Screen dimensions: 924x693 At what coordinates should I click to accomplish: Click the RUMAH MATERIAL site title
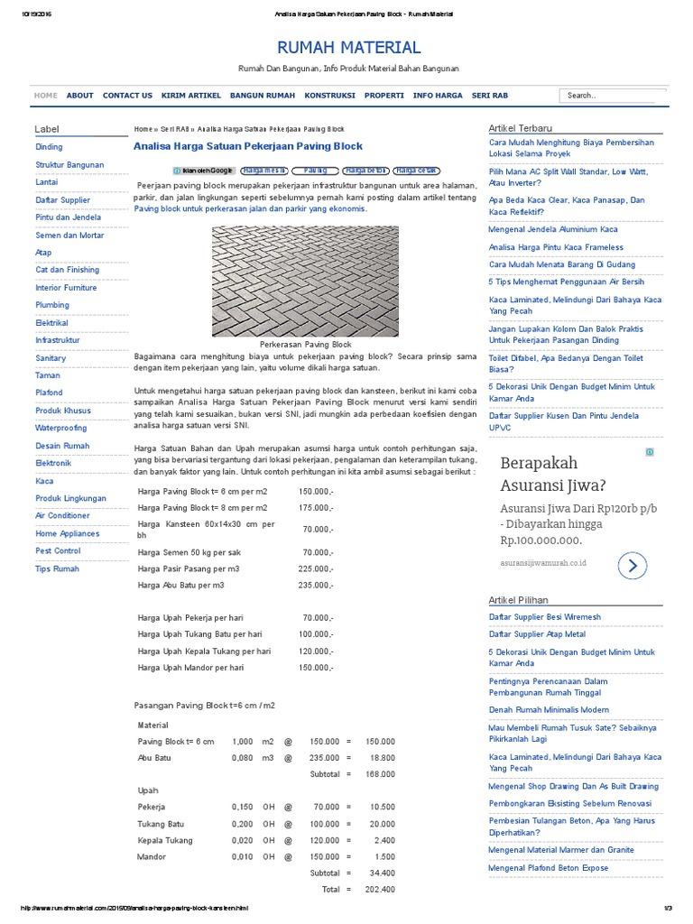348,48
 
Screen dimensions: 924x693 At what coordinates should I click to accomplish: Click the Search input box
612,95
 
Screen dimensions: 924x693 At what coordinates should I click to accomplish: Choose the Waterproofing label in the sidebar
61,428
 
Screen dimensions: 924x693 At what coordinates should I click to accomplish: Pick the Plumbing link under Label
52,305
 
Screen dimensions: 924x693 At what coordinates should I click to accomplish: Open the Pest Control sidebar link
58,550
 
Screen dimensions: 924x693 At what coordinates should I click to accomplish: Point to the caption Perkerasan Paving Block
305,345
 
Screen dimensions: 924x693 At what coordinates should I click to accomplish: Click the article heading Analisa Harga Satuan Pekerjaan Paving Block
248,146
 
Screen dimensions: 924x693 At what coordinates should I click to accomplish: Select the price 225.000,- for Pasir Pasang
316,568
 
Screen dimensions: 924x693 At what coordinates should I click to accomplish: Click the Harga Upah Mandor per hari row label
191,667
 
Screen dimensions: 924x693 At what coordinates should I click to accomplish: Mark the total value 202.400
380,890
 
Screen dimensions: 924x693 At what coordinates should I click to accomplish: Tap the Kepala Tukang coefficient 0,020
242,840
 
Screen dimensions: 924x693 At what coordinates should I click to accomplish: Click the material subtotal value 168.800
380,774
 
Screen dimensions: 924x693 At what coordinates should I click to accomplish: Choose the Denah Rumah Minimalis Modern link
549,709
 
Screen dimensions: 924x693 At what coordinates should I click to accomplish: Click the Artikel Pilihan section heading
518,599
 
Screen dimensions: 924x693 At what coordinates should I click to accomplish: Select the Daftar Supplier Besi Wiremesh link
544,617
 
